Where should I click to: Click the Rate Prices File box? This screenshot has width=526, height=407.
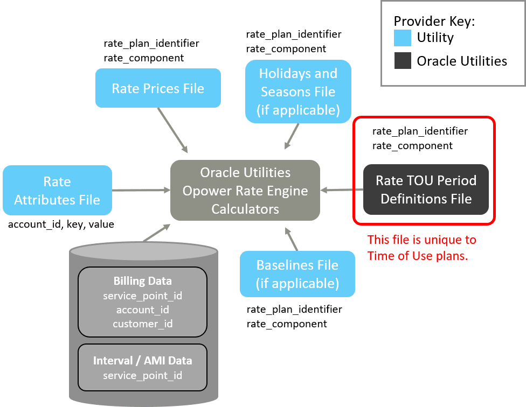tap(158, 88)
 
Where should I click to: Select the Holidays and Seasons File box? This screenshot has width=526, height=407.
tap(298, 92)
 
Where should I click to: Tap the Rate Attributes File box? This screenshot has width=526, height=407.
tap(57, 191)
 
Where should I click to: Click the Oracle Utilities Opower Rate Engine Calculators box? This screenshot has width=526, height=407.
tap(245, 191)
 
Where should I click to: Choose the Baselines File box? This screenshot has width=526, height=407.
tap(297, 274)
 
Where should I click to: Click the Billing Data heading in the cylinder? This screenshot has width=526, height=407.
tap(143, 281)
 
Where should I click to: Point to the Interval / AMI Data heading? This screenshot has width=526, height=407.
tap(142, 361)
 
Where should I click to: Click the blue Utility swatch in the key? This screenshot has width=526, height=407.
tap(403, 38)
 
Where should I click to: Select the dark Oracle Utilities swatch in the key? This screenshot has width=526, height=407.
tap(403, 61)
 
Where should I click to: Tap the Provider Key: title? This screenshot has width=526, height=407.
tap(434, 22)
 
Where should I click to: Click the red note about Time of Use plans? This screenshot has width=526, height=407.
tap(421, 248)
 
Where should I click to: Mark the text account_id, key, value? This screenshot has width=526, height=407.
tap(61, 224)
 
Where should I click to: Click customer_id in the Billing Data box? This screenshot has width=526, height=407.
tap(142, 324)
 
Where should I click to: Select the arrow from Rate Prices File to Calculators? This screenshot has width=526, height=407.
tap(172, 130)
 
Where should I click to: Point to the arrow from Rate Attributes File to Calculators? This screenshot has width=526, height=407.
tap(141, 190)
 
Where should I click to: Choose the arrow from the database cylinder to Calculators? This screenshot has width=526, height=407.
tap(156, 232)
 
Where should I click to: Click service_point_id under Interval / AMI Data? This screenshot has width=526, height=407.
tap(142, 375)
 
